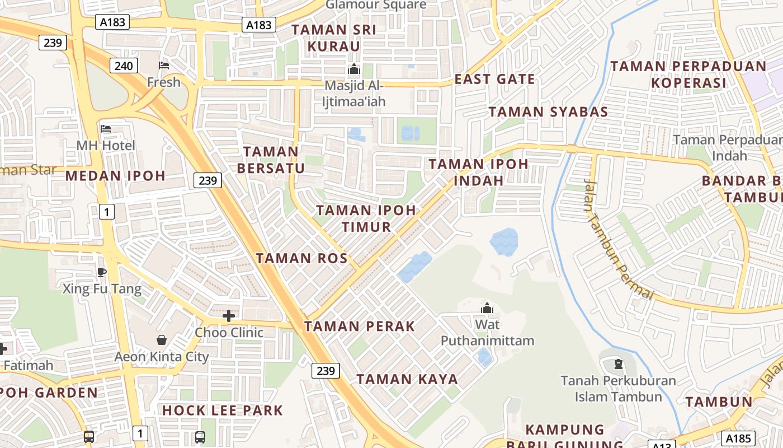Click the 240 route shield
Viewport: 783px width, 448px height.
pyautogui.click(x=124, y=66)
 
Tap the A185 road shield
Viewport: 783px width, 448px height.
pyautogui.click(x=738, y=438)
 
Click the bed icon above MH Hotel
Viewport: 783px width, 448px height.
pyautogui.click(x=106, y=129)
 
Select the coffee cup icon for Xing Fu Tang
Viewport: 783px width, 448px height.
pyautogui.click(x=101, y=272)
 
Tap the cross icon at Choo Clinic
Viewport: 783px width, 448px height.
pyautogui.click(x=228, y=316)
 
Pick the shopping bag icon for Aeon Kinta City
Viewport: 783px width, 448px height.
pyautogui.click(x=162, y=340)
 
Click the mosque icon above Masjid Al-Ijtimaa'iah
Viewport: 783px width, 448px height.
pyautogui.click(x=353, y=69)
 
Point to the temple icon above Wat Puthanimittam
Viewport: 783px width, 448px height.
pyautogui.click(x=487, y=308)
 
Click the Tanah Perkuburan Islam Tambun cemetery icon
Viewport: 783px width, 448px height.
pyautogui.click(x=618, y=365)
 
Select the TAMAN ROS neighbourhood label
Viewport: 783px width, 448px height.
pyautogui.click(x=301, y=258)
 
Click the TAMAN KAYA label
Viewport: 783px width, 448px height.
pyautogui.click(x=407, y=379)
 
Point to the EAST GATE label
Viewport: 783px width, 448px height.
pyautogui.click(x=494, y=79)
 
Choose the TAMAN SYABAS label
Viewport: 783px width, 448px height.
pyautogui.click(x=548, y=111)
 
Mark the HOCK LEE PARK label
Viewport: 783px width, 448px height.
pyautogui.click(x=223, y=410)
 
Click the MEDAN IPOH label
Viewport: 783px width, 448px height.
pyautogui.click(x=115, y=176)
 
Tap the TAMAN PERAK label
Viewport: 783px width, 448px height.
pyautogui.click(x=360, y=326)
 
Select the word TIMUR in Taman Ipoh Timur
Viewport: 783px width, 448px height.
pyautogui.click(x=366, y=227)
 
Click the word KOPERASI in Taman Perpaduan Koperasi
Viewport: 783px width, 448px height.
pyautogui.click(x=688, y=83)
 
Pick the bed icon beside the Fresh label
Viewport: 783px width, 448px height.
pyautogui.click(x=164, y=66)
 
